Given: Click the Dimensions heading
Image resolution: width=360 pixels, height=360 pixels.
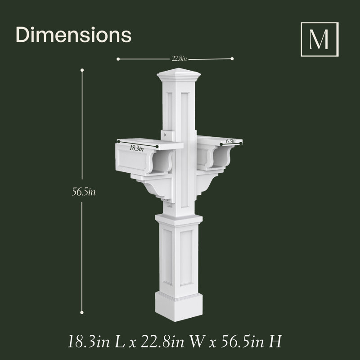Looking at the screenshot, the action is point(73,35).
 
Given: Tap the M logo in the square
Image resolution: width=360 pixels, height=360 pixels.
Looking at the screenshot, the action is point(319,39).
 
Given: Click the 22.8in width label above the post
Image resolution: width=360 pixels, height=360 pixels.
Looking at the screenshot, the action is point(179,59).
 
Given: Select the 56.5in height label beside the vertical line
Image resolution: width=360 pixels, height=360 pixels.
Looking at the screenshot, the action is point(84,192).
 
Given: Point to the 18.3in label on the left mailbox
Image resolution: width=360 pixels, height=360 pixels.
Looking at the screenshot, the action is point(137,148).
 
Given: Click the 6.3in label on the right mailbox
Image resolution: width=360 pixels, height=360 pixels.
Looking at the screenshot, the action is point(231,141).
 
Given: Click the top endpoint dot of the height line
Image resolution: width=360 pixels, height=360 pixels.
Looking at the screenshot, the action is point(82,70).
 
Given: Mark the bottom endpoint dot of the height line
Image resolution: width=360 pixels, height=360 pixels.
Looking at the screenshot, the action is point(82,312).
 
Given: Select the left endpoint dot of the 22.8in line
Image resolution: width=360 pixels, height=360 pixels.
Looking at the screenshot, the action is point(118,59).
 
